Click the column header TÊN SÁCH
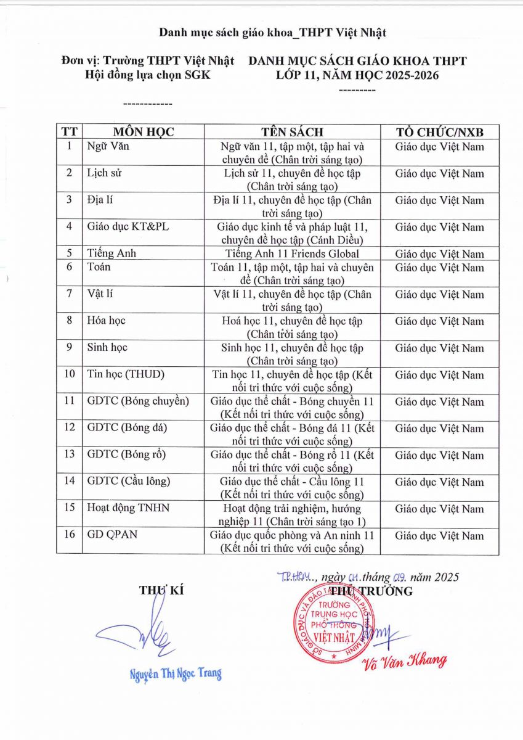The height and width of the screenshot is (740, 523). (x=292, y=132)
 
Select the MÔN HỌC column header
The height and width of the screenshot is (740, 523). (x=143, y=132)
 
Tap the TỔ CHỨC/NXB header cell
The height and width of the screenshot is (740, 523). (x=439, y=132)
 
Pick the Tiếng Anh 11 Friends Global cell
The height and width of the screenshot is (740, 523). (x=292, y=253)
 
